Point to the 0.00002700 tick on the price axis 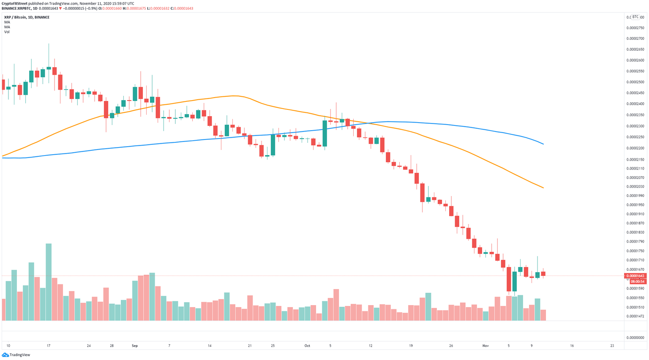635,38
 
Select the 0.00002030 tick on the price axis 635,186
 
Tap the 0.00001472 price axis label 635,316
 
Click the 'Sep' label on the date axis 135,346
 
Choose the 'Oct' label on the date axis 307,346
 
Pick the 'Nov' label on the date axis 485,346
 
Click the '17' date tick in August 49,346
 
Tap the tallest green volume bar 49,282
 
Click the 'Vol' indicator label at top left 7,32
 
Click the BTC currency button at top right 635,17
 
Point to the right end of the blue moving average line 543,144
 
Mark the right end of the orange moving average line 543,188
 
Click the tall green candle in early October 324,134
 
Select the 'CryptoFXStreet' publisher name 14,3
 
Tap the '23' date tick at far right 612,346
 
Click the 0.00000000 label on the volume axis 635,338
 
